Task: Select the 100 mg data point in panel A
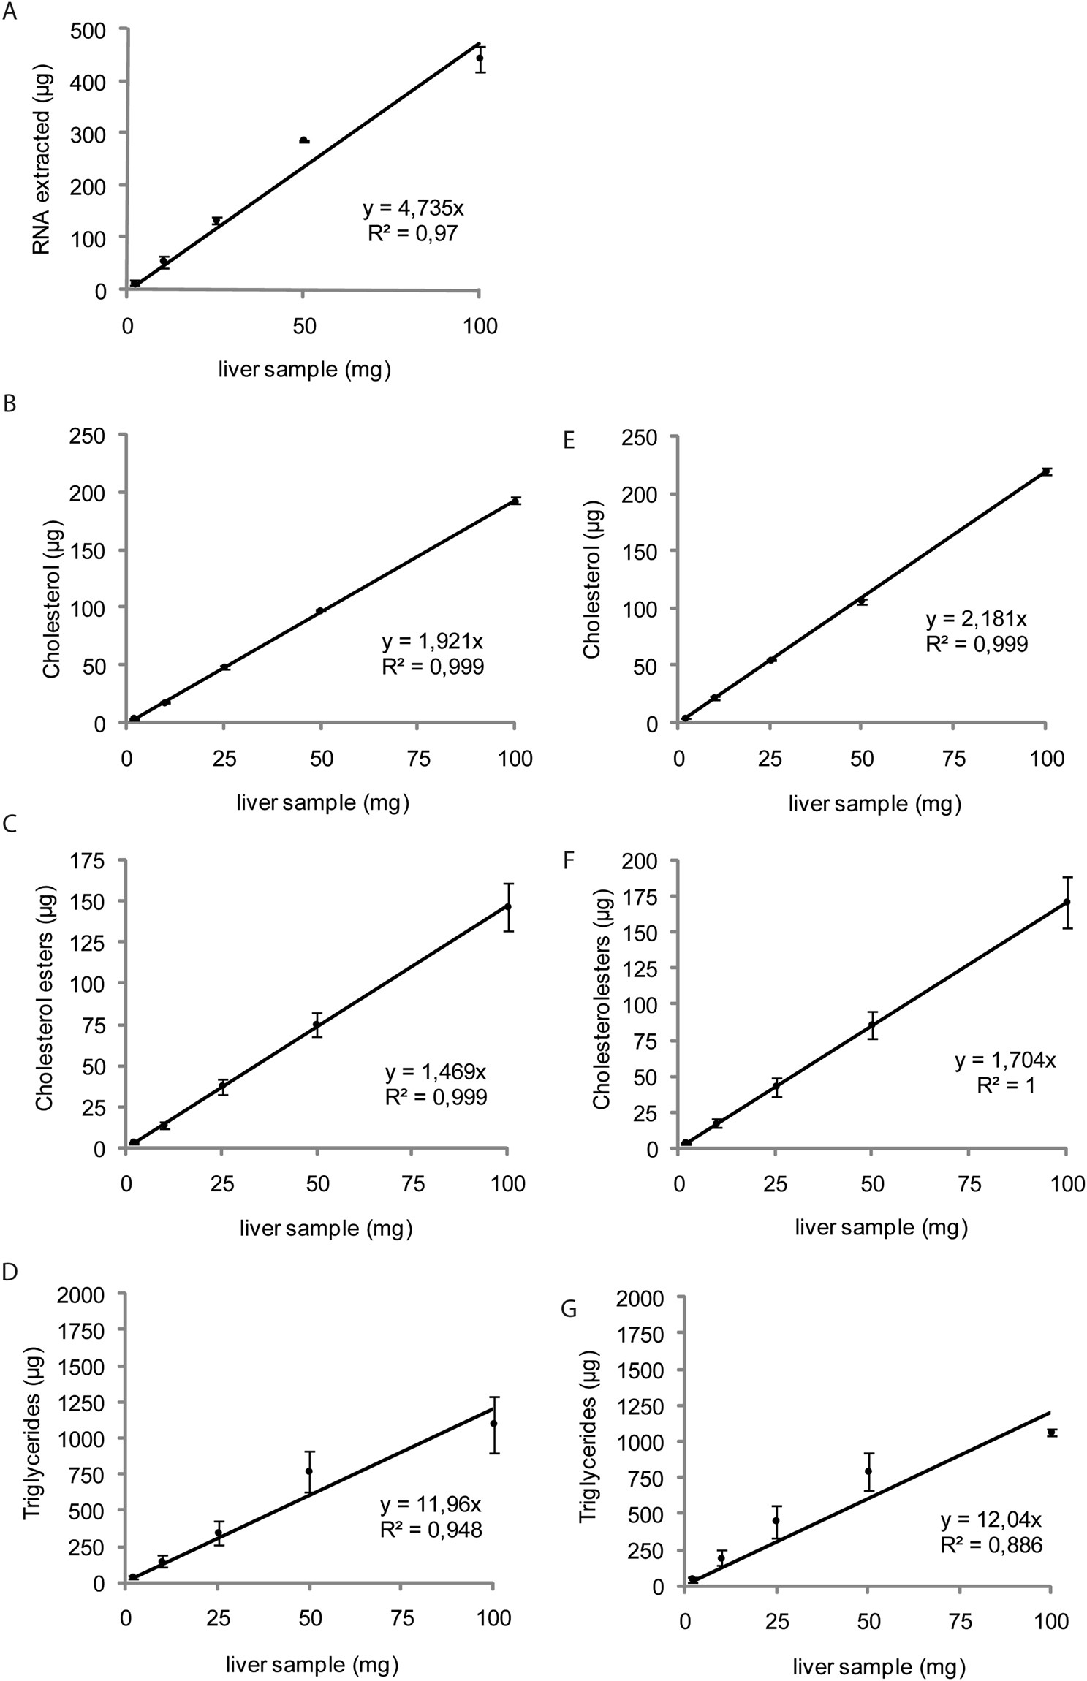coord(480,58)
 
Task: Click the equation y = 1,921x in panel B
coord(432,642)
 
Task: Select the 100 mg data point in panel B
coord(515,501)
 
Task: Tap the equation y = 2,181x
coord(976,619)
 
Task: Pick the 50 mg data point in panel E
coord(863,601)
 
